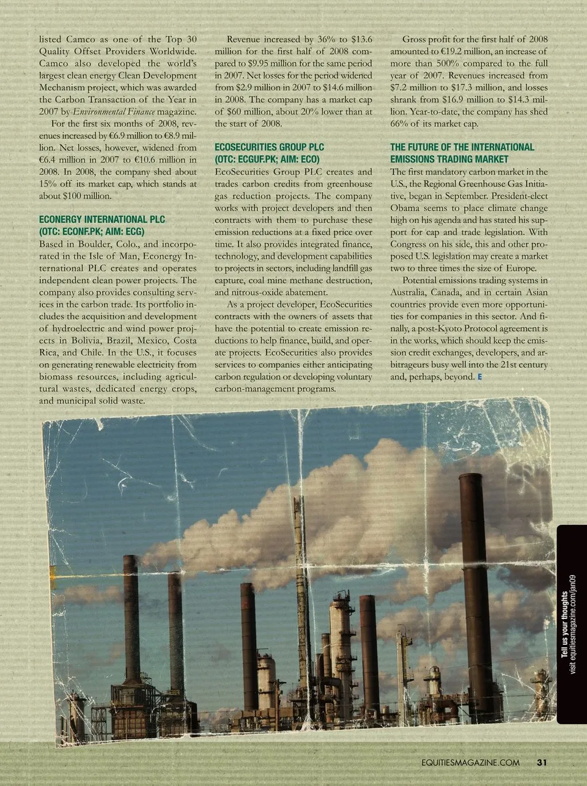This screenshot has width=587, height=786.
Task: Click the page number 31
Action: point(541,762)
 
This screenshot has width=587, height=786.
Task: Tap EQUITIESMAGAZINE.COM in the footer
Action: point(470,763)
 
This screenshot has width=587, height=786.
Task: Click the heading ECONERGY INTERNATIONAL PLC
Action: point(102,219)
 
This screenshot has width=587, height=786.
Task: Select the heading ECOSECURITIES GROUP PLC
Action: point(270,147)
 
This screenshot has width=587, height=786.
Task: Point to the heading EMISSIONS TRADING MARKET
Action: point(449,159)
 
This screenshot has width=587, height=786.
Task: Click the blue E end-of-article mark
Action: point(479,377)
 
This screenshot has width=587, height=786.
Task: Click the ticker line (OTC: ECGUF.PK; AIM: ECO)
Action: point(267,160)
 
